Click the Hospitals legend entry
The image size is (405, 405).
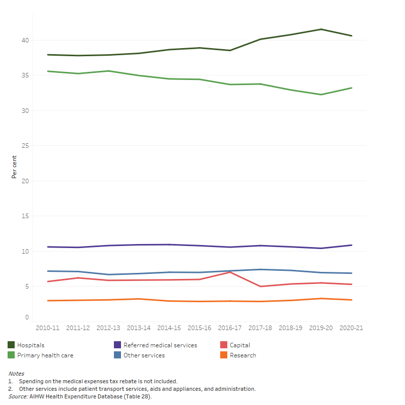tap(30, 345)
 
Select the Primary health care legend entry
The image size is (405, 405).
tap(45, 355)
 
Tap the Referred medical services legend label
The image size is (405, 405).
tap(160, 345)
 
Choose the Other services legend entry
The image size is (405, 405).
tap(144, 355)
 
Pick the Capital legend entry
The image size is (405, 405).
tap(239, 345)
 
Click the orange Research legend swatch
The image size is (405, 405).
tap(223, 355)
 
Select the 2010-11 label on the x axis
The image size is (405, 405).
tap(48, 328)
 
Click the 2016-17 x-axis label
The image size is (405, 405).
tap(230, 328)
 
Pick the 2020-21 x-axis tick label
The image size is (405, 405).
tap(351, 328)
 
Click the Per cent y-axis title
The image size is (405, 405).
tap(14, 167)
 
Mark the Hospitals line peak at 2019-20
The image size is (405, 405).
tap(321, 29)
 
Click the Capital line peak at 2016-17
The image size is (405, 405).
tap(230, 272)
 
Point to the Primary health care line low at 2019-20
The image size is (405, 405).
tap(321, 95)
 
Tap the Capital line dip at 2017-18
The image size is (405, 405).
tap(260, 287)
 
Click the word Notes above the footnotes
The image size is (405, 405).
tap(16, 374)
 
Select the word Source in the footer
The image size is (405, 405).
tap(18, 396)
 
